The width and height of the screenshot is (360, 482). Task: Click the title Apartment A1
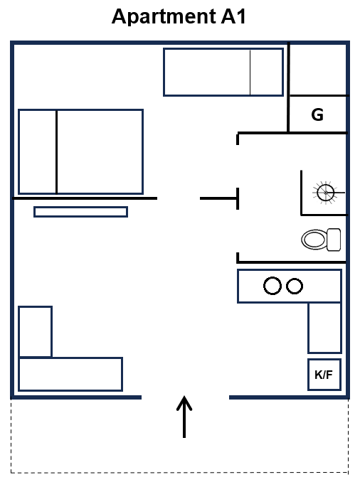click(x=179, y=17)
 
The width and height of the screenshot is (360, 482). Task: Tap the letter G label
click(x=317, y=114)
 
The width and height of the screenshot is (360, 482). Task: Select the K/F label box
click(x=324, y=375)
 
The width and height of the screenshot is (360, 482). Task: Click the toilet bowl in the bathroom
click(x=314, y=240)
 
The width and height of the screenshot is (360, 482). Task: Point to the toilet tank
click(x=334, y=240)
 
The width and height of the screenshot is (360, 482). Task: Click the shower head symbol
click(x=325, y=193)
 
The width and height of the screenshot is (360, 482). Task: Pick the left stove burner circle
click(x=272, y=286)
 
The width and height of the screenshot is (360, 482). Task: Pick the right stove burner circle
click(x=295, y=286)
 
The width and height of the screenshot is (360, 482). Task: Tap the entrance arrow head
click(x=184, y=402)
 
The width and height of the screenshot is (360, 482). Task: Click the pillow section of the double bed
click(x=38, y=151)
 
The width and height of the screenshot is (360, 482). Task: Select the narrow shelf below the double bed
click(x=80, y=212)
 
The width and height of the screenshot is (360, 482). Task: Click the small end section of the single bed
click(x=267, y=73)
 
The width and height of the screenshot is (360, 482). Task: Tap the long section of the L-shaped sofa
click(x=70, y=374)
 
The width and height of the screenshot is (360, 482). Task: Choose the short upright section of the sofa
click(x=35, y=332)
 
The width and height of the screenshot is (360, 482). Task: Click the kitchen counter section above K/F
click(x=324, y=328)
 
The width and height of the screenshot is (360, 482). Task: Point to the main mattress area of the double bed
click(x=100, y=151)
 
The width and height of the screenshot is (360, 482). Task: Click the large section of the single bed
click(x=207, y=73)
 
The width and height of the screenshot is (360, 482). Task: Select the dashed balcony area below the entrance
click(x=180, y=436)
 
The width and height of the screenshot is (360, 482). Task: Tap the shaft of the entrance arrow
click(x=184, y=418)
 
